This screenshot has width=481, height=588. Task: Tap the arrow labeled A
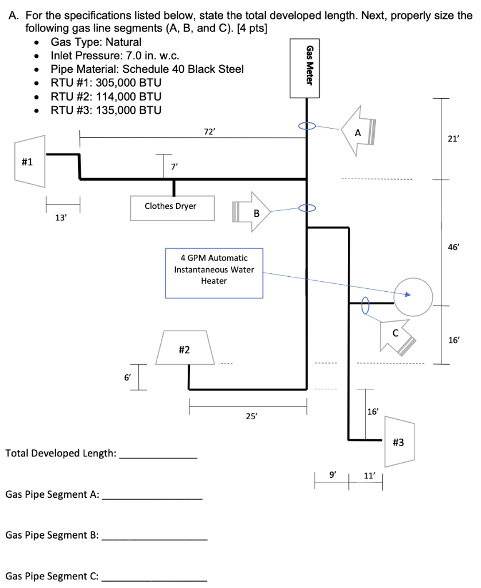(x=358, y=131)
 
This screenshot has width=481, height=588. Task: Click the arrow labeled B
(x=253, y=212)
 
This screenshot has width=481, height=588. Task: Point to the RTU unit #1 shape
(x=30, y=161)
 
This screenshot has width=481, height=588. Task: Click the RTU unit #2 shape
(x=185, y=347)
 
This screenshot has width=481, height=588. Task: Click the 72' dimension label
(x=209, y=131)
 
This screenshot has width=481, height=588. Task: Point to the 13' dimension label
(x=60, y=218)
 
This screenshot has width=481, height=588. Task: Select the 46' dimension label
(x=453, y=247)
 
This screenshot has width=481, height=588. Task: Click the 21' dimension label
(x=453, y=138)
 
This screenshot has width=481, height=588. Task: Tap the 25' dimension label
(x=251, y=417)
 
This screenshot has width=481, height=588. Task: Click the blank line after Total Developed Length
(x=158, y=457)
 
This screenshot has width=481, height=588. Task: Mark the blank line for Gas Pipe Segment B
(x=158, y=539)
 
